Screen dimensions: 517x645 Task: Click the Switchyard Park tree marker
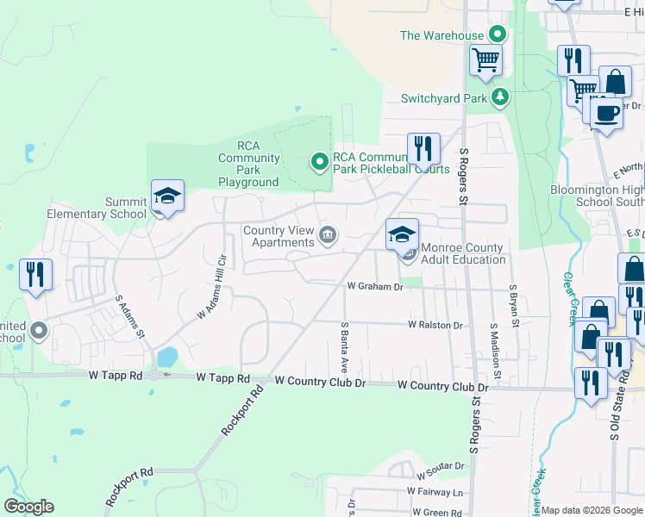click(498, 97)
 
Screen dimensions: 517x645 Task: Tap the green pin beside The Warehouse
click(497, 35)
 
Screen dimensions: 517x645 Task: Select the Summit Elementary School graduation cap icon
click(167, 196)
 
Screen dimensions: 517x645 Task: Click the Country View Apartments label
click(278, 236)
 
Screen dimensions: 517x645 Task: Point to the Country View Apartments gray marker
click(329, 234)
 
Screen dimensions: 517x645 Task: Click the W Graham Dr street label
click(375, 286)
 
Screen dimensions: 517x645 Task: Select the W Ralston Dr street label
click(435, 326)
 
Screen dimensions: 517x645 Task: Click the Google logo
click(28, 507)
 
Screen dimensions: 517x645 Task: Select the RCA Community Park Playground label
click(248, 164)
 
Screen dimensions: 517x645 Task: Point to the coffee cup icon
click(606, 112)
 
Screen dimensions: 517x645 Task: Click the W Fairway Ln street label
click(435, 493)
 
